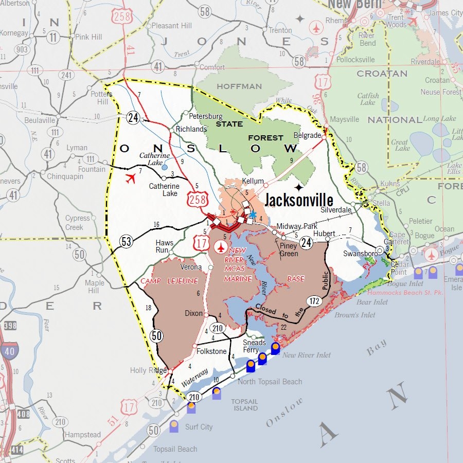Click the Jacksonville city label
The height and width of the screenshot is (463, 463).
pos(299,200)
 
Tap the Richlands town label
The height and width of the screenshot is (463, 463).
pos(191,129)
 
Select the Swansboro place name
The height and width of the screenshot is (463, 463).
pos(358,253)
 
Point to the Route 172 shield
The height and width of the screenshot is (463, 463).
pos(313,301)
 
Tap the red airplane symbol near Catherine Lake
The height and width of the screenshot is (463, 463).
pos(131,179)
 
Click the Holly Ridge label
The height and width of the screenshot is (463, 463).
pos(149,370)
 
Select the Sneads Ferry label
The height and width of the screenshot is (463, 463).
pos(254,346)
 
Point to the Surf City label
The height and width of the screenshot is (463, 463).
pos(199,427)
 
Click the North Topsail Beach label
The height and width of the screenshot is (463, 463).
pos(270,382)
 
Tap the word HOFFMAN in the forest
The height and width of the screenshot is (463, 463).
pos(239,86)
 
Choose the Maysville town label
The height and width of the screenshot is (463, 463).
pos(344,119)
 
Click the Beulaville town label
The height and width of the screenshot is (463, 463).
pos(40,120)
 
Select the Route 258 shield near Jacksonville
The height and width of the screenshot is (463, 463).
pos(198,198)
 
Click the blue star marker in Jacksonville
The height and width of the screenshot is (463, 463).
pos(253,214)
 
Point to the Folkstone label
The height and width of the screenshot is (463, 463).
pos(211,351)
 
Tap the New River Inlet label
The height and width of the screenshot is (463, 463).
pos(307,355)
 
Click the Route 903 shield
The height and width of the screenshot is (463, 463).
pos(22,49)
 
